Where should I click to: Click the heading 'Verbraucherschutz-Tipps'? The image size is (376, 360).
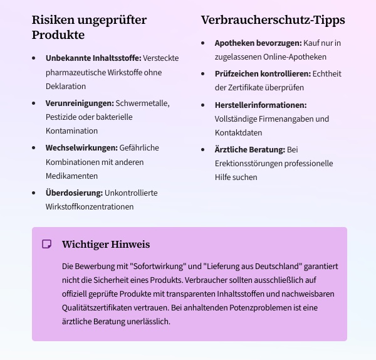point(273,20)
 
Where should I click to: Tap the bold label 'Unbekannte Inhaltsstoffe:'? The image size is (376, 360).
point(93,58)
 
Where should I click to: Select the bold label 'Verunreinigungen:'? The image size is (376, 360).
point(80,103)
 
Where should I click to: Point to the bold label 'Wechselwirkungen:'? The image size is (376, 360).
point(81,148)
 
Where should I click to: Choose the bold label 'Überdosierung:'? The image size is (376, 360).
point(74,193)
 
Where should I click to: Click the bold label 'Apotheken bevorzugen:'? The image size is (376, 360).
point(258,43)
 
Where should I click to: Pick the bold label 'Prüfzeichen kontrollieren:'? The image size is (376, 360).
point(263,74)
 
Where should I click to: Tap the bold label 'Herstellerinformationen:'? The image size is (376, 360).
point(260,105)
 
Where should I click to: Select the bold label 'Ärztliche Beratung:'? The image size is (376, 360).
point(249,150)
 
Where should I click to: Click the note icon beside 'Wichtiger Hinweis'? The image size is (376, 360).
point(46,244)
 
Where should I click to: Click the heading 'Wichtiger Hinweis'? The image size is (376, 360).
point(106,244)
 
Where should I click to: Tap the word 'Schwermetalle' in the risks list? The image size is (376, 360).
point(143,103)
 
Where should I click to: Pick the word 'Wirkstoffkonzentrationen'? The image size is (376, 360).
point(90,206)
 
